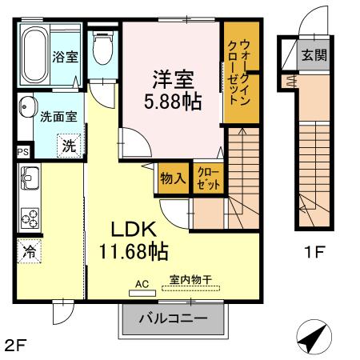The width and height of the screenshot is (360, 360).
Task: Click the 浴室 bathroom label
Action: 65,57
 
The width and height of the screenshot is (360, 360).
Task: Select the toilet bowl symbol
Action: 102,50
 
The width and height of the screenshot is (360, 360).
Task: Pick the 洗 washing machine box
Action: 68,146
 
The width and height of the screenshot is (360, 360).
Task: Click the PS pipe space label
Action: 22,150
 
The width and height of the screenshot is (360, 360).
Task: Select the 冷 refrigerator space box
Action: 28,250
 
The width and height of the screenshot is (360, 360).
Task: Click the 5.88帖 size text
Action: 171,102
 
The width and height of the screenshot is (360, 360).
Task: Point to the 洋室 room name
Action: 171,80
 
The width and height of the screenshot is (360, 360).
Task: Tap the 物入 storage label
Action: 173,178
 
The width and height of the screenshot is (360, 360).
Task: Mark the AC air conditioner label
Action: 142,282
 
